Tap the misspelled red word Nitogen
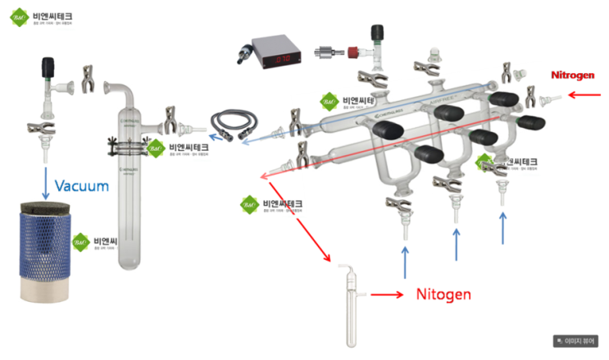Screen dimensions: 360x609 coord(443,294)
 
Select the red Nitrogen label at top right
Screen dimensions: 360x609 coord(572,75)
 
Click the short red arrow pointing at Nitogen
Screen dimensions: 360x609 coord(388,294)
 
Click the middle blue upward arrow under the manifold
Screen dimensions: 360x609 coord(457,244)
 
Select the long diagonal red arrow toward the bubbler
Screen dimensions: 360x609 coord(299,217)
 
